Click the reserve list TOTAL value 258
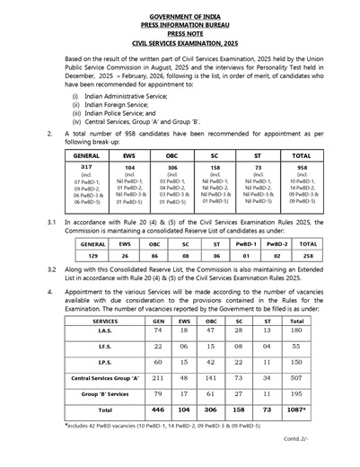point(307,255)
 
